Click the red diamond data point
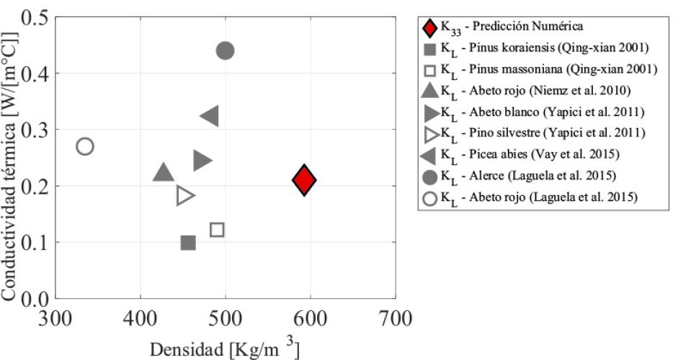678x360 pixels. [x=305, y=180]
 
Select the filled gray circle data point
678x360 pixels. [x=225, y=50]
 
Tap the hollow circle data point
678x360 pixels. [x=85, y=146]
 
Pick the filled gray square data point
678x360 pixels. [x=188, y=243]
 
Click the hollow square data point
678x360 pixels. [x=217, y=230]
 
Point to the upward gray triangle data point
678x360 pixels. [x=164, y=172]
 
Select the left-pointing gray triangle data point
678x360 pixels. [x=210, y=115]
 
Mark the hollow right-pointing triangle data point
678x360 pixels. [x=185, y=195]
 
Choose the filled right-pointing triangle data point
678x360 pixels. [x=202, y=161]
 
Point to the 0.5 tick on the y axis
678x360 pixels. [x=32, y=17]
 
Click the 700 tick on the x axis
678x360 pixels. [x=395, y=316]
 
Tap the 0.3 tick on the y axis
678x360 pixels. [x=32, y=130]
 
